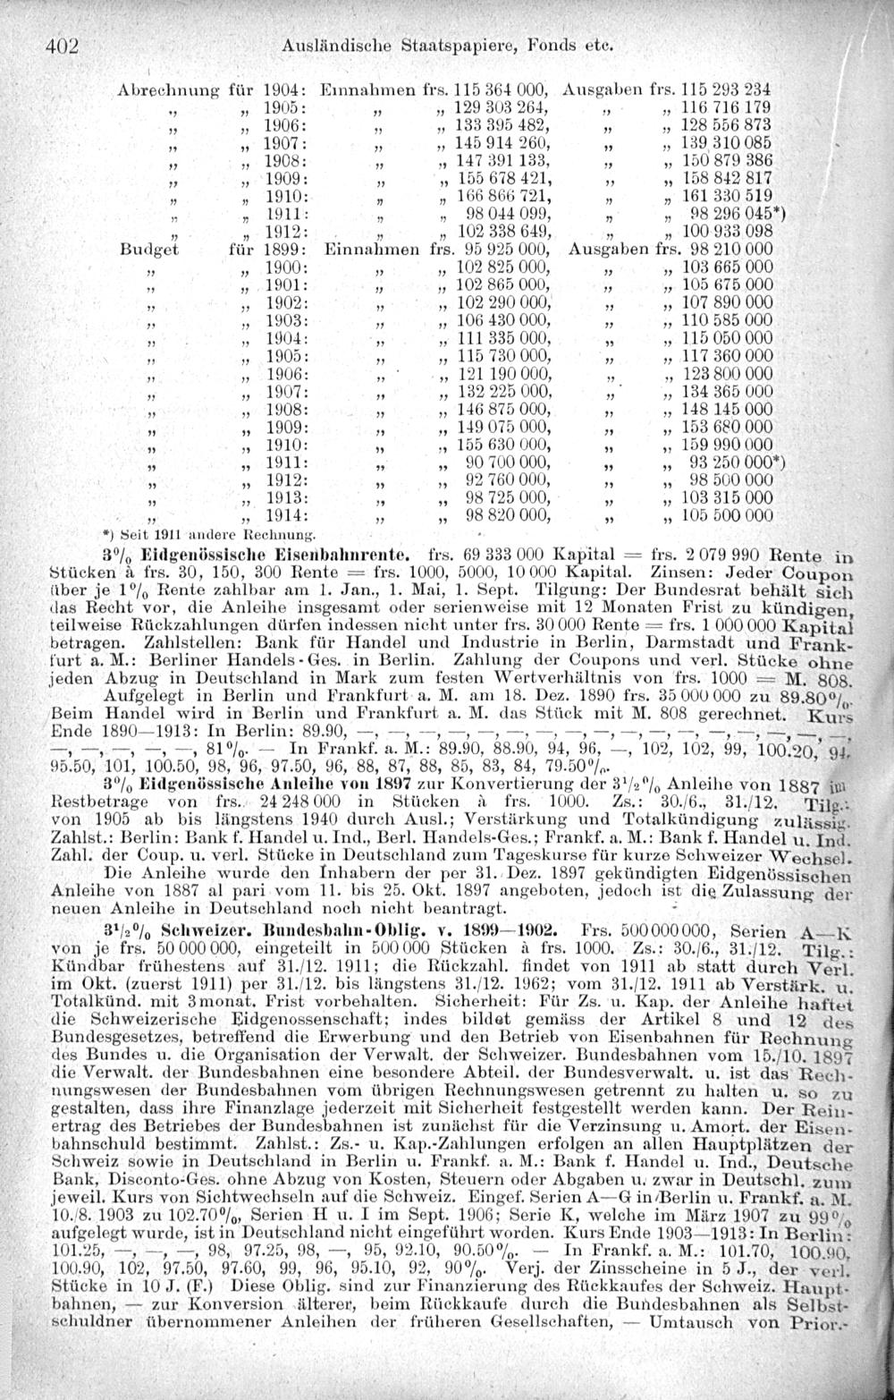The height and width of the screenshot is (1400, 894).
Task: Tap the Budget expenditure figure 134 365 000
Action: [725, 392]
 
